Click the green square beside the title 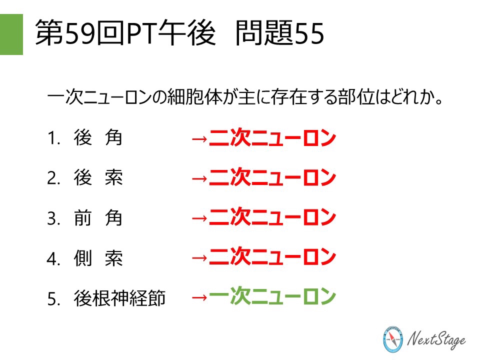11,34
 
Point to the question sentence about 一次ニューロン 245,96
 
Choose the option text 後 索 97,178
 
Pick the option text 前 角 97,218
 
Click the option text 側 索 97,258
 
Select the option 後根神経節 119,298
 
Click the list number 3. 52,219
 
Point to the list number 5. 52,299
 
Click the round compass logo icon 392,340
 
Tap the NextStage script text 437,340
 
